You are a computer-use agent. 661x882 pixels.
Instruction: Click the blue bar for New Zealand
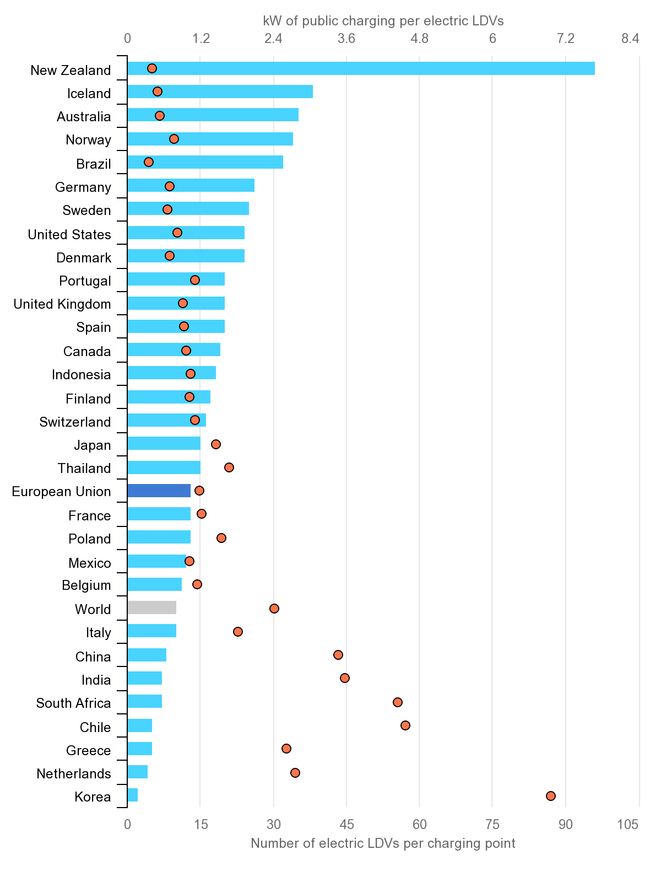pyautogui.click(x=361, y=68)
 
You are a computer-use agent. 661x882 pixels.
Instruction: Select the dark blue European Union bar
pyautogui.click(x=159, y=491)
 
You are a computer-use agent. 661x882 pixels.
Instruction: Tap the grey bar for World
pyautogui.click(x=151, y=607)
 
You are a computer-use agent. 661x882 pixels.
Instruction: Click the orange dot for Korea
pyautogui.click(x=550, y=795)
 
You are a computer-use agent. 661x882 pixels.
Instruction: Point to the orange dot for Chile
pyautogui.click(x=405, y=725)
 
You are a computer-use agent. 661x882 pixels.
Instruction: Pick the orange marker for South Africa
pyautogui.click(x=397, y=702)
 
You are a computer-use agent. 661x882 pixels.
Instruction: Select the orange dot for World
pyautogui.click(x=274, y=608)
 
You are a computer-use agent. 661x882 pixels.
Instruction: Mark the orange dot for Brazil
pyautogui.click(x=148, y=162)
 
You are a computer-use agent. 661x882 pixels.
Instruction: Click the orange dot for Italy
pyautogui.click(x=237, y=631)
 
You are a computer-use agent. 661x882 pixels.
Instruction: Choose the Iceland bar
pyautogui.click(x=220, y=92)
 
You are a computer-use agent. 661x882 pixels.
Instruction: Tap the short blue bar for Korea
pyautogui.click(x=132, y=795)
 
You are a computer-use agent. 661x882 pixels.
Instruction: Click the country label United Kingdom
pyautogui.click(x=62, y=304)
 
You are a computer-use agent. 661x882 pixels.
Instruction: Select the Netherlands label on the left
pyautogui.click(x=74, y=774)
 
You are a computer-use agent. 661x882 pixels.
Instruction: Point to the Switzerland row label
pyautogui.click(x=75, y=422)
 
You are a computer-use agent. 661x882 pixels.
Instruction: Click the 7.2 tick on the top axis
pyautogui.click(x=566, y=39)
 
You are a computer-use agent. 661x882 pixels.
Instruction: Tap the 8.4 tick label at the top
pyautogui.click(x=630, y=39)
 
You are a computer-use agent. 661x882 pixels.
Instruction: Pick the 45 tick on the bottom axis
pyautogui.click(x=346, y=825)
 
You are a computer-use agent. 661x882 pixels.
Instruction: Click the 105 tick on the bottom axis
pyautogui.click(x=628, y=825)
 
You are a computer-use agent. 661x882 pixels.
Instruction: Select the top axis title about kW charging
pyautogui.click(x=383, y=21)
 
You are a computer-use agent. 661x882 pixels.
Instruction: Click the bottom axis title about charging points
pyautogui.click(x=383, y=843)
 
